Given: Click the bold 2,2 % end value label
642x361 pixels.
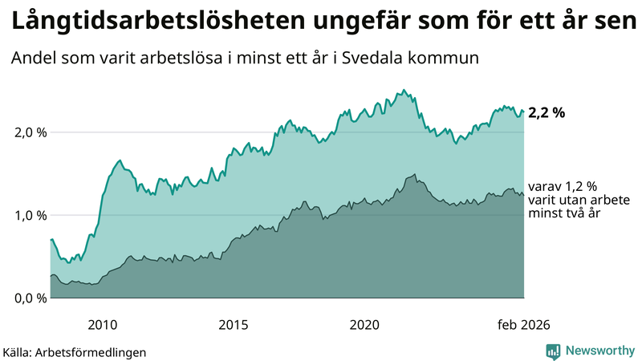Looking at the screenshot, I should click(x=547, y=113).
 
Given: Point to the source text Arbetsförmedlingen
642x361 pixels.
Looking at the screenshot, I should click(x=99, y=351).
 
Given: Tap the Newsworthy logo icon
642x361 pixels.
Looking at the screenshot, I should click(x=553, y=351).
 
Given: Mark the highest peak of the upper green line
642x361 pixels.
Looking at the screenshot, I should click(x=404, y=90).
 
